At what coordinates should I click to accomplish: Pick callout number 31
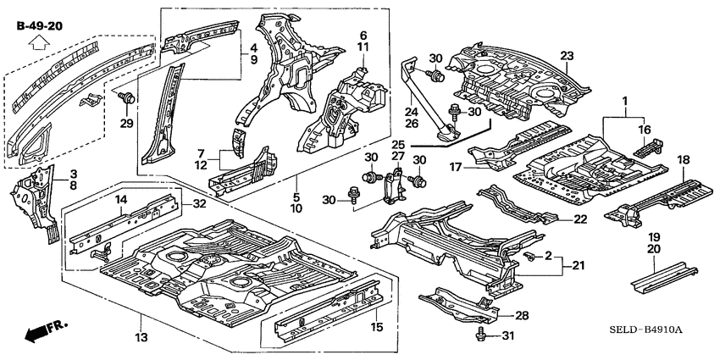508,336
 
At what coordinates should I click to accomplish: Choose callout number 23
567,56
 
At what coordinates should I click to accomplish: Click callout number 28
522,315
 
